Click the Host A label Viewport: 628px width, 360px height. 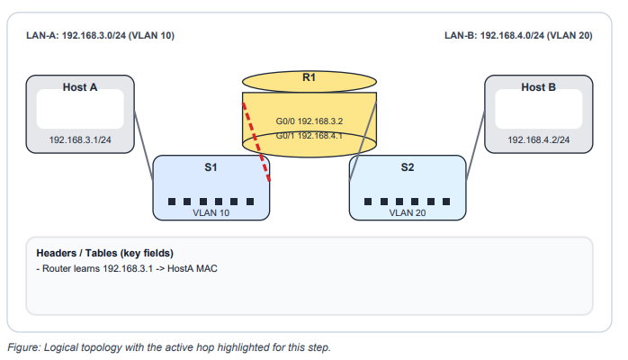coord(80,86)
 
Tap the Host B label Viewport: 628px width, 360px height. coord(538,86)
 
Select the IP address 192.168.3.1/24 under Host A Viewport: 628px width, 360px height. coord(80,140)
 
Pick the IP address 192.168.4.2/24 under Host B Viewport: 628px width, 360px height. coord(538,140)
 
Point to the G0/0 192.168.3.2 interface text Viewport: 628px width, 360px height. coord(309,120)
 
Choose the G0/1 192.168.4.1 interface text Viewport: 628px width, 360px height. coord(309,135)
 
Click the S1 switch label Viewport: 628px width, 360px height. coord(211,167)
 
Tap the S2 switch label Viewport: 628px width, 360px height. coord(408,167)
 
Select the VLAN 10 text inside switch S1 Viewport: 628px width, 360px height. coord(211,213)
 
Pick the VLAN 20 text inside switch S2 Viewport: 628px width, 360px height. coord(408,213)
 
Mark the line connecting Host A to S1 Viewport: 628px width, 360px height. coord(144,144)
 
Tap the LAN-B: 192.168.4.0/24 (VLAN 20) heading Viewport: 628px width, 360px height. coord(518,37)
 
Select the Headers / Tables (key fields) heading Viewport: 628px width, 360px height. coord(104,253)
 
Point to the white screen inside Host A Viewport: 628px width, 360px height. coord(79,110)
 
